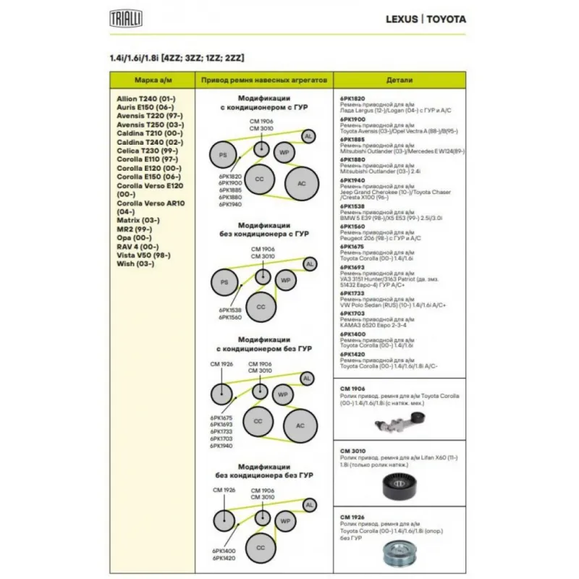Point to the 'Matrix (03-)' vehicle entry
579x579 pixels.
point(138,219)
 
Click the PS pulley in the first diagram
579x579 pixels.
point(224,154)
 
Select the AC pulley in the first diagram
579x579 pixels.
point(302,183)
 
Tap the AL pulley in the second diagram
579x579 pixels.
point(308,264)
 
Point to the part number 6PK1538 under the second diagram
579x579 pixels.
point(230,310)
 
